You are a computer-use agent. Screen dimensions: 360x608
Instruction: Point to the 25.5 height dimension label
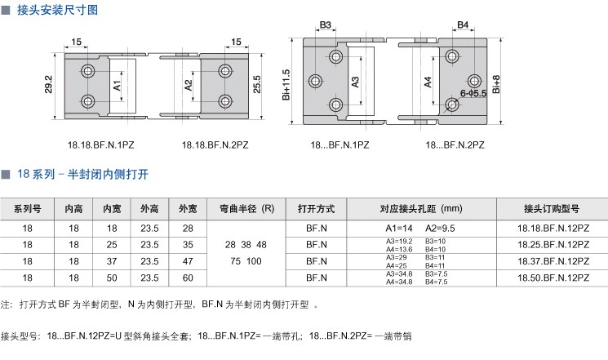pos(257,84)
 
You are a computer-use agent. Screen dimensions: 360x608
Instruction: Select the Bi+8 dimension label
pos(497,83)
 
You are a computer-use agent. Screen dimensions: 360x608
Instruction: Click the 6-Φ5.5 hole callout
pos(473,94)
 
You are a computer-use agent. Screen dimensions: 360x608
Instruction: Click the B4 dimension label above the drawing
pos(462,25)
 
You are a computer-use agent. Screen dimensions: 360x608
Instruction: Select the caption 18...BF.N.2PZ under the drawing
pos(455,144)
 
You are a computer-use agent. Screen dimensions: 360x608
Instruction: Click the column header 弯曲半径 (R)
pos(246,207)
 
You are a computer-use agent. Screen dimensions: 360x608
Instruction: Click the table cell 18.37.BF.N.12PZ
pos(555,261)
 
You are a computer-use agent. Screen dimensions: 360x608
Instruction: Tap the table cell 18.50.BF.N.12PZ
pos(555,278)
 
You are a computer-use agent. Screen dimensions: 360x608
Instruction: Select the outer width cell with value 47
pos(188,261)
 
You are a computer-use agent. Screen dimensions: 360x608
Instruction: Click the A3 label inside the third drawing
pos(355,82)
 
